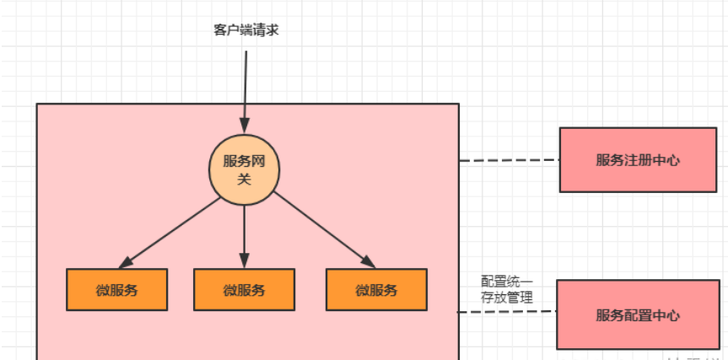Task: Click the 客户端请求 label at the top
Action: (245, 30)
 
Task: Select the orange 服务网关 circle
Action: (244, 169)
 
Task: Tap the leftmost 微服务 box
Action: (117, 290)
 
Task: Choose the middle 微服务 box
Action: (244, 290)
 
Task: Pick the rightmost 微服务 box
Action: (376, 290)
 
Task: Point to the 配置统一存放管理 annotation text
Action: (507, 289)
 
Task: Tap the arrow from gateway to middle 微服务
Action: (244, 232)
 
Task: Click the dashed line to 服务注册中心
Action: (510, 160)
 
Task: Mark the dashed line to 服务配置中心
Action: (507, 313)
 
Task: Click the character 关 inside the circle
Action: (244, 178)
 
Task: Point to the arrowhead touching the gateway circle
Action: (245, 127)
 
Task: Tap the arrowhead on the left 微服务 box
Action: (127, 262)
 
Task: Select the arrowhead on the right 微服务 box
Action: (369, 262)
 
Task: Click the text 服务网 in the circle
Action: (244, 160)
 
